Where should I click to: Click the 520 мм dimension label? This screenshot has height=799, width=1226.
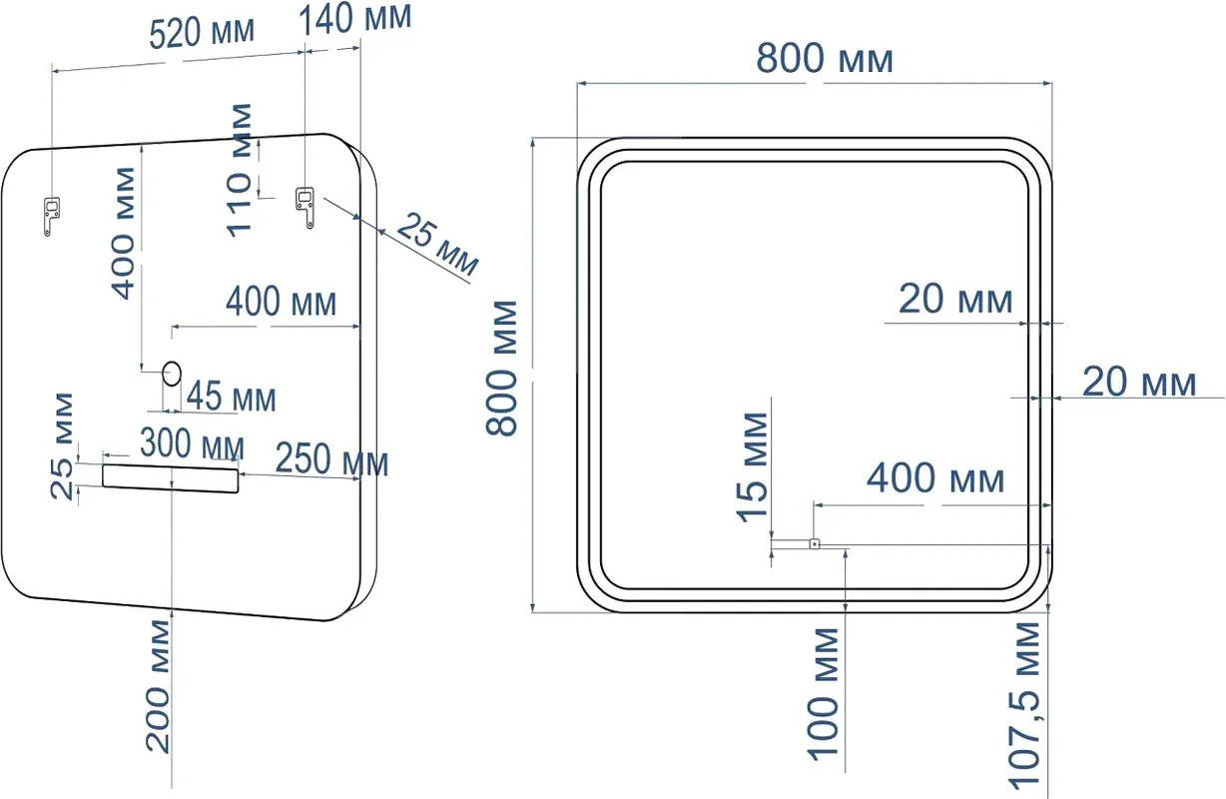pos(202,32)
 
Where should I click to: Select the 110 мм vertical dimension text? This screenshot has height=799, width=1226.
pos(241,168)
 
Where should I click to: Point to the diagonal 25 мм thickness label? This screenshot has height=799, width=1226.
pos(436,246)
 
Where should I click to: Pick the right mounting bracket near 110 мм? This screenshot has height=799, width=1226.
pos(305,205)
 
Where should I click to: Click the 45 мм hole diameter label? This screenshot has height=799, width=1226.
pos(232,399)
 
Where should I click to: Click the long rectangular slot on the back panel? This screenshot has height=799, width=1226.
pos(171,478)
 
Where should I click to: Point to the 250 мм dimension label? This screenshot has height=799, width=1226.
pos(331,463)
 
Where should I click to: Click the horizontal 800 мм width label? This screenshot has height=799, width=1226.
pos(824,60)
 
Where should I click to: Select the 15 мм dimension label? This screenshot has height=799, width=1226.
pos(755,466)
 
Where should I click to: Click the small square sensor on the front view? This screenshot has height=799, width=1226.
pos(814,544)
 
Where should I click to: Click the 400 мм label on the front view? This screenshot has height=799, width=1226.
pos(934,479)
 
